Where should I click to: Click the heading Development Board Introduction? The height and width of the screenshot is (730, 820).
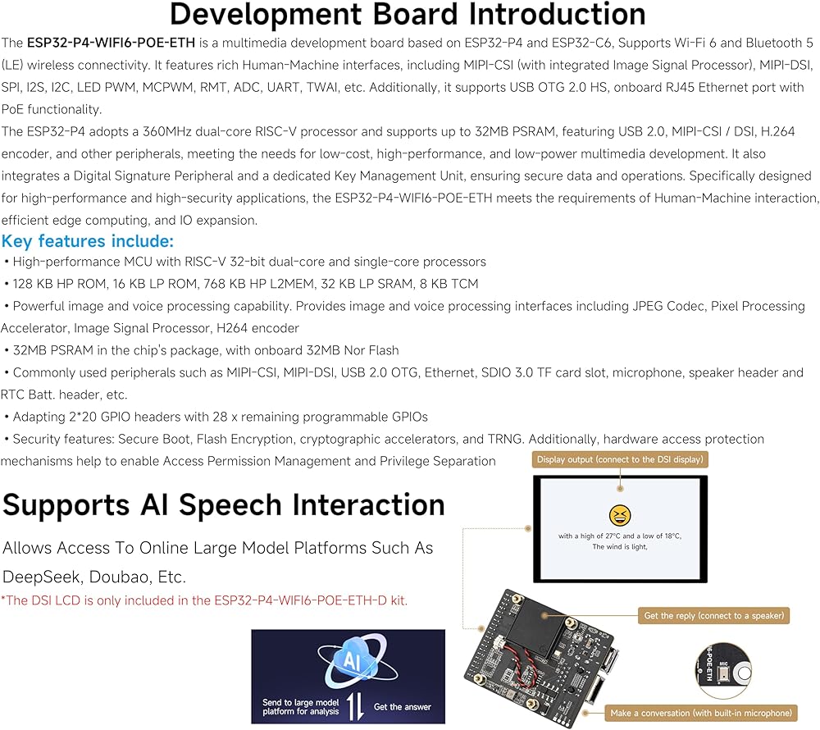click(408, 14)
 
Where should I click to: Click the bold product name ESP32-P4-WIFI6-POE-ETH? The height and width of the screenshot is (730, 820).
click(111, 43)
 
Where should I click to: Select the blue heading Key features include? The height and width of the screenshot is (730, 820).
click(88, 241)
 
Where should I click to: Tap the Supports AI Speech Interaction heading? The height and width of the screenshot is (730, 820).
click(224, 505)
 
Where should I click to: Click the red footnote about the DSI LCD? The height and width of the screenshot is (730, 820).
click(204, 600)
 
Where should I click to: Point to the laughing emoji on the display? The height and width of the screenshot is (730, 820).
click(620, 516)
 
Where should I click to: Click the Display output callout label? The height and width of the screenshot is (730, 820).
click(620, 459)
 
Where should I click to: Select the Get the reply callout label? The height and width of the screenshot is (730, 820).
click(714, 616)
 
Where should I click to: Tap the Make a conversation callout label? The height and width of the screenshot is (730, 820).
click(701, 713)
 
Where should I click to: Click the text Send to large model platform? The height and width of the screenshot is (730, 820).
click(301, 707)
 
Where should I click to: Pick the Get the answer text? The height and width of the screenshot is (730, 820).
click(402, 707)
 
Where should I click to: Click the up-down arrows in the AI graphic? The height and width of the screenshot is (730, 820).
click(356, 706)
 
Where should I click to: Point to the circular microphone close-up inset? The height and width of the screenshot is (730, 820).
click(724, 671)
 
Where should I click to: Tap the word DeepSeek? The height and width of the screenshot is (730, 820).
click(43, 577)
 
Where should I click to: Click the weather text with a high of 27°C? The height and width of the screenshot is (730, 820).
click(620, 536)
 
